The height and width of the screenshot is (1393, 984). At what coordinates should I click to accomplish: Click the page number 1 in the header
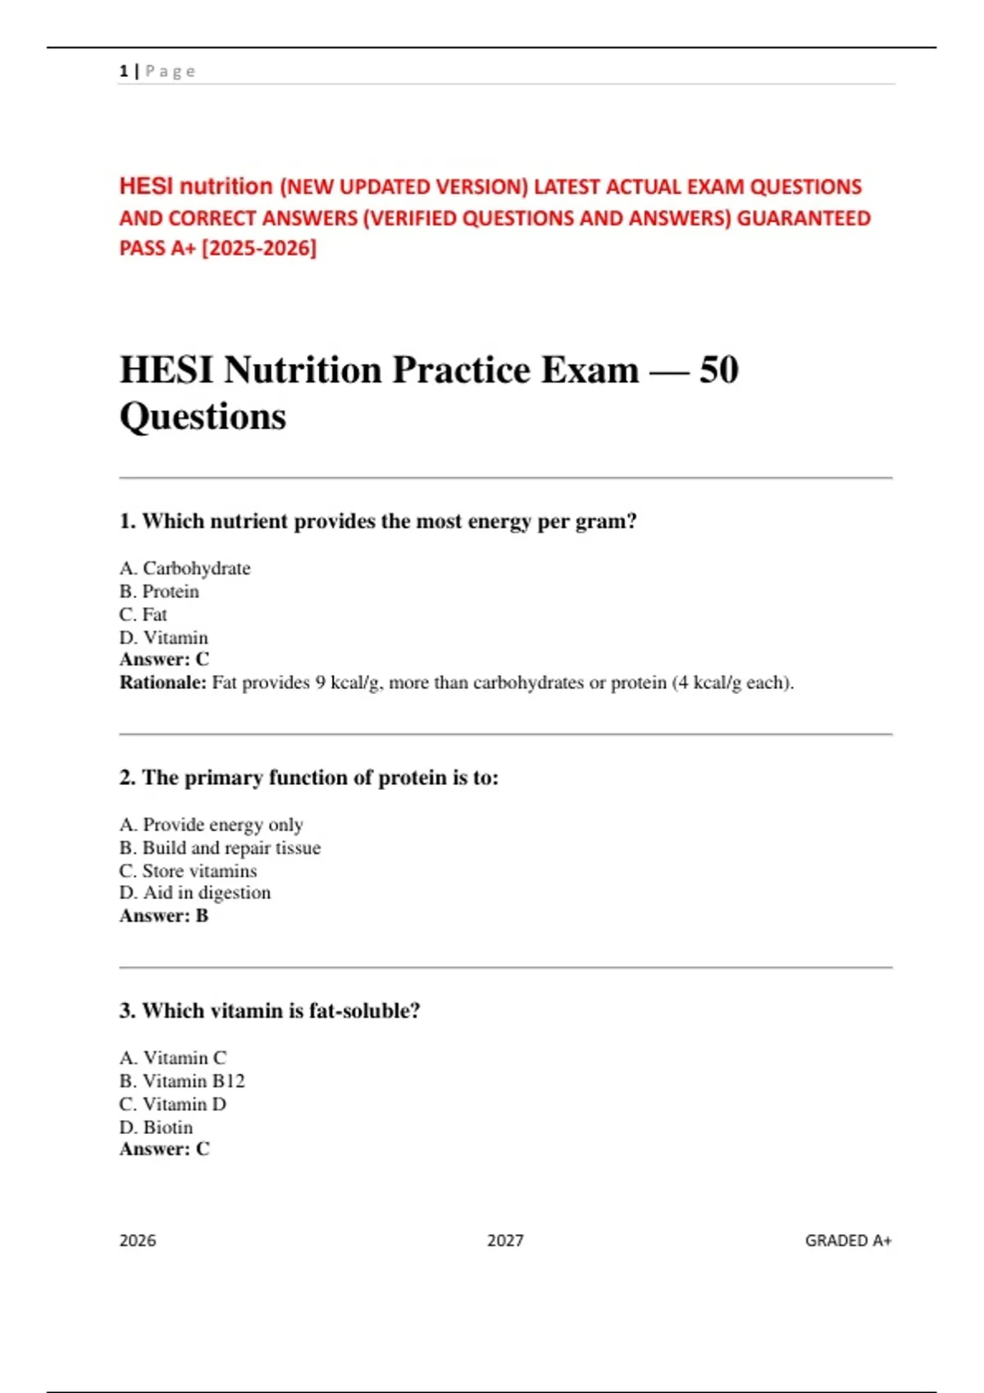(x=123, y=71)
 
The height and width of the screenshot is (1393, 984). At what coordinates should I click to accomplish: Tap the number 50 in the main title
(x=718, y=370)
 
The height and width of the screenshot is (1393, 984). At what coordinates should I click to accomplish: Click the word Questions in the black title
(x=203, y=416)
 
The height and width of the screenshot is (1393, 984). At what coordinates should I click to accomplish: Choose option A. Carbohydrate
(x=184, y=568)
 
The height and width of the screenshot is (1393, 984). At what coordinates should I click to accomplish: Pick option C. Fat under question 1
(x=143, y=615)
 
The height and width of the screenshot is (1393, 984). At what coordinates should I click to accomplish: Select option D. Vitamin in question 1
(x=163, y=638)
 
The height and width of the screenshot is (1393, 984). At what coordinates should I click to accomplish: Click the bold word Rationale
(x=162, y=683)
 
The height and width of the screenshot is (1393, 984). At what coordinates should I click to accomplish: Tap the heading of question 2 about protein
(x=308, y=777)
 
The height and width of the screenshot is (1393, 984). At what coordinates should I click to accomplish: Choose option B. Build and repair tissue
(x=220, y=847)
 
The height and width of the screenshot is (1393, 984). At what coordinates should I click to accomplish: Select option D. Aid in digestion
(x=195, y=892)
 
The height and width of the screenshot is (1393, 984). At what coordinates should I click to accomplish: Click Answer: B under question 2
(x=164, y=915)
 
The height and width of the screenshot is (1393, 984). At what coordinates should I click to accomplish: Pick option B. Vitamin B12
(x=182, y=1081)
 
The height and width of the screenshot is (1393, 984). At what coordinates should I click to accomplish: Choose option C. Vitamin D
(x=173, y=1104)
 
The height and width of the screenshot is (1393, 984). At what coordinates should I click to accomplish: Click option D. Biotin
(x=156, y=1127)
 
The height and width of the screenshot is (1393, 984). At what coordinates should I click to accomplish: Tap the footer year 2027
(x=505, y=1241)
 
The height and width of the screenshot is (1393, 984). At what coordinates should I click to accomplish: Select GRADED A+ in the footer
(x=848, y=1241)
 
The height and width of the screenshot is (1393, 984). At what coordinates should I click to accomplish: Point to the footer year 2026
(x=138, y=1241)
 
